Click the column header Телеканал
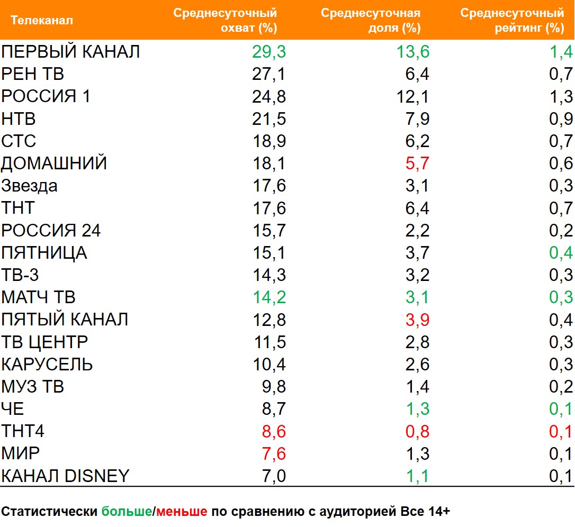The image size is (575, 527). pyautogui.click(x=42, y=21)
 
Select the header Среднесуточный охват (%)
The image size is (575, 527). pyautogui.click(x=225, y=21)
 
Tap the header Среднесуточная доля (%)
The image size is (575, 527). pyautogui.click(x=371, y=21)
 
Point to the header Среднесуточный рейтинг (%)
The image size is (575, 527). pyautogui.click(x=512, y=21)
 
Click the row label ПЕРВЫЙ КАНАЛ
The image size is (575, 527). pyautogui.click(x=70, y=52)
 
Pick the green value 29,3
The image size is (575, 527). pyautogui.click(x=269, y=52)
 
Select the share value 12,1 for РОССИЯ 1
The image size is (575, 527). pyautogui.click(x=414, y=97)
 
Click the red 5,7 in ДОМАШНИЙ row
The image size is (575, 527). pyautogui.click(x=417, y=163)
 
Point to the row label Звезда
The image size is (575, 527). pyautogui.click(x=30, y=186)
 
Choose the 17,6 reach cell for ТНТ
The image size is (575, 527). pyautogui.click(x=269, y=208)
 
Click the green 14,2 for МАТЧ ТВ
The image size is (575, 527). pyautogui.click(x=269, y=297)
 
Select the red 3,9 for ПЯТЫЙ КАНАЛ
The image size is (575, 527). pyautogui.click(x=417, y=320)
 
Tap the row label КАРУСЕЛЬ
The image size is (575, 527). pyautogui.click(x=47, y=365)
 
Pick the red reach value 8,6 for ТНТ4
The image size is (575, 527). pyautogui.click(x=274, y=432)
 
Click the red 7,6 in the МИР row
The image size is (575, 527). pyautogui.click(x=274, y=454)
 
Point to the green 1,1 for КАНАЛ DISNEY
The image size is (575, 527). pyautogui.click(x=417, y=476)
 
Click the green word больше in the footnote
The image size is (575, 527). pyautogui.click(x=127, y=512)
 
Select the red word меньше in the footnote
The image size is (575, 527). pyautogui.click(x=181, y=512)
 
